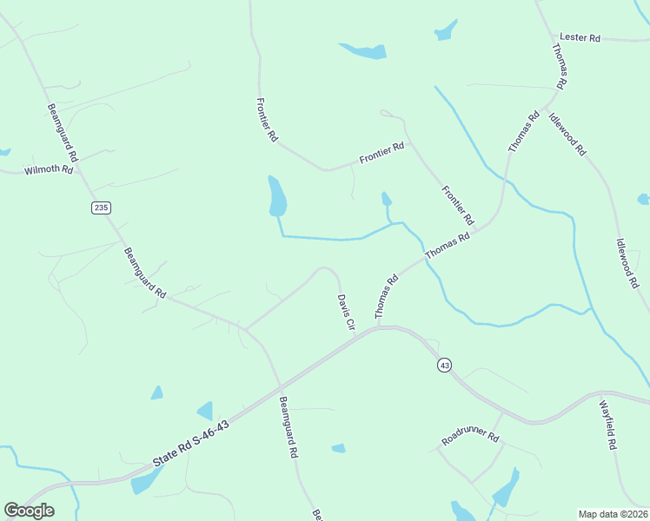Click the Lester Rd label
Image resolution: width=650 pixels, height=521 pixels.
coord(580,38)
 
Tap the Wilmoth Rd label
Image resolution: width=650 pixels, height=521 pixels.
coord(49,169)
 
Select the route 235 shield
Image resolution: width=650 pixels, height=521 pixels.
coord(101,207)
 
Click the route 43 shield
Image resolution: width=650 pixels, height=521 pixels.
coord(445,366)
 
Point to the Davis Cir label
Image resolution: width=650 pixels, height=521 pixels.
coord(346,311)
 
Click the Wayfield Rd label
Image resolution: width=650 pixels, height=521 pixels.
coord(607,424)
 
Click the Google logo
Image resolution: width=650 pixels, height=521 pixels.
coord(29,511)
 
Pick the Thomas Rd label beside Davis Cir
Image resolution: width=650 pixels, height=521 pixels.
coord(386,296)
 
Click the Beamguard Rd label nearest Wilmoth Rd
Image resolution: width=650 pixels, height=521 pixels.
coord(63,133)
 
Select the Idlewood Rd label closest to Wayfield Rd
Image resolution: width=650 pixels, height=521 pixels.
coord(627,263)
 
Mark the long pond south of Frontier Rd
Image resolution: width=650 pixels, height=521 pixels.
coord(277,195)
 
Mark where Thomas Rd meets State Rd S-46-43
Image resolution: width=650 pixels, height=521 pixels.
coord(380,327)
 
